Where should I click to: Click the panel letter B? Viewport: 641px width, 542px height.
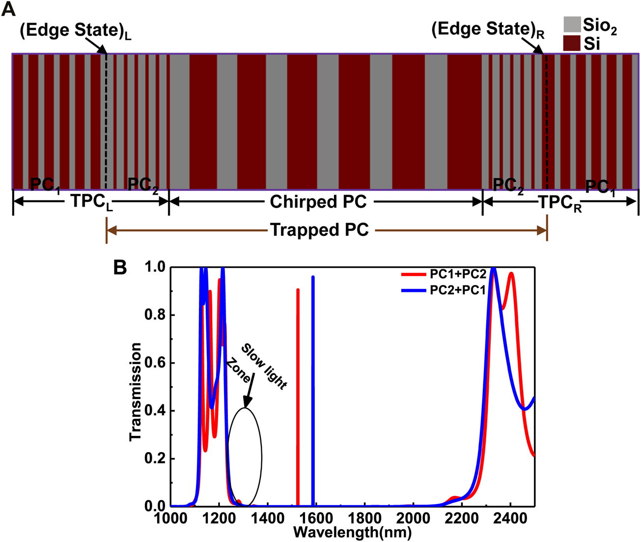point(120,267)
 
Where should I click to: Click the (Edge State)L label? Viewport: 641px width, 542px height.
point(75,31)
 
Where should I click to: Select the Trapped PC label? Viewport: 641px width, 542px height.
point(319,230)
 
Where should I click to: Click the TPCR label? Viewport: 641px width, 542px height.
point(560,203)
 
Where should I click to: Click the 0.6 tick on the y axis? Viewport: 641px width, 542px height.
point(156,363)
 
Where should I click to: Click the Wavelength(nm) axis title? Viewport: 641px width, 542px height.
point(352,532)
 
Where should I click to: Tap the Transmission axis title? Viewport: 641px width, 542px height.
point(136,392)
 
